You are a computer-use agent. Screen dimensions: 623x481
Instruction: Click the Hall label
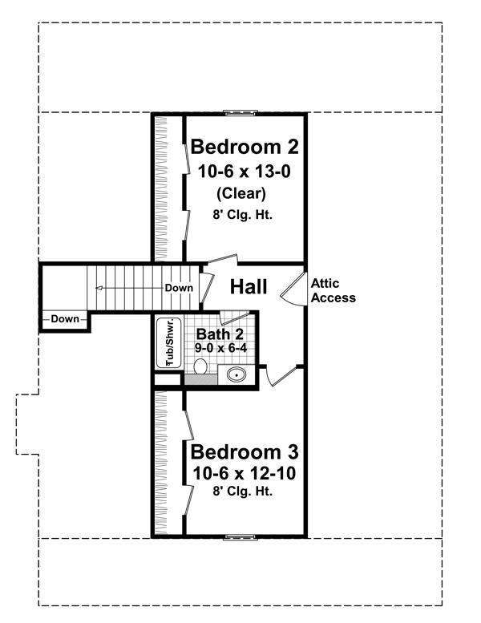click(x=249, y=287)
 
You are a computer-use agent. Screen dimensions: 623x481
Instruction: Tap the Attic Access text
click(x=333, y=290)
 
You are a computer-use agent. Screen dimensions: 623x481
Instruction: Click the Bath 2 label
click(x=216, y=334)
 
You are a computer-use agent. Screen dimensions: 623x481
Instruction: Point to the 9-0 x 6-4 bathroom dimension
click(x=220, y=348)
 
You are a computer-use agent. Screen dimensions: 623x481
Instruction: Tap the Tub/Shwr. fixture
click(x=170, y=342)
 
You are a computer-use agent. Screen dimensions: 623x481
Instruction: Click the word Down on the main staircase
click(x=178, y=288)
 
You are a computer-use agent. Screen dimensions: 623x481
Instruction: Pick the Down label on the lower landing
click(x=65, y=319)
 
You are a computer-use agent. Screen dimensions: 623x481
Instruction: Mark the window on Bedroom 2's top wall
click(x=240, y=113)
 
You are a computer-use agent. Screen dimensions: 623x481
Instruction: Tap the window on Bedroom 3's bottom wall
click(x=240, y=536)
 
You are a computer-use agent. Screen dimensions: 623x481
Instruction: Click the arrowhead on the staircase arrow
click(x=98, y=288)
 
